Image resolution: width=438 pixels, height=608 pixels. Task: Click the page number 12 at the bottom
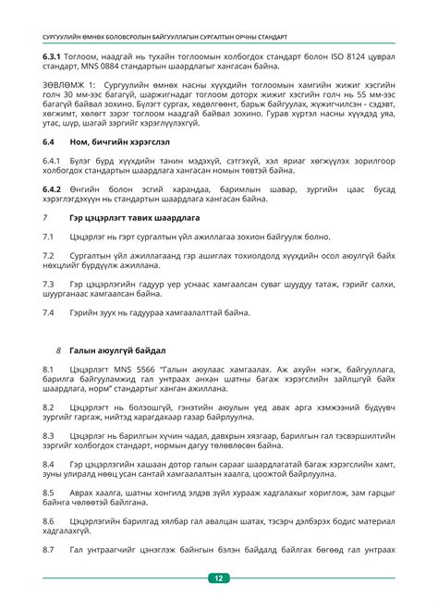pyautogui.click(x=219, y=578)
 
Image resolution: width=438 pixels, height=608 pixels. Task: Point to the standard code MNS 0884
pyautogui.click(x=104, y=68)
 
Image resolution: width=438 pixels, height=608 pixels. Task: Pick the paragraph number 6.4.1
pyautogui.click(x=55, y=161)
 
